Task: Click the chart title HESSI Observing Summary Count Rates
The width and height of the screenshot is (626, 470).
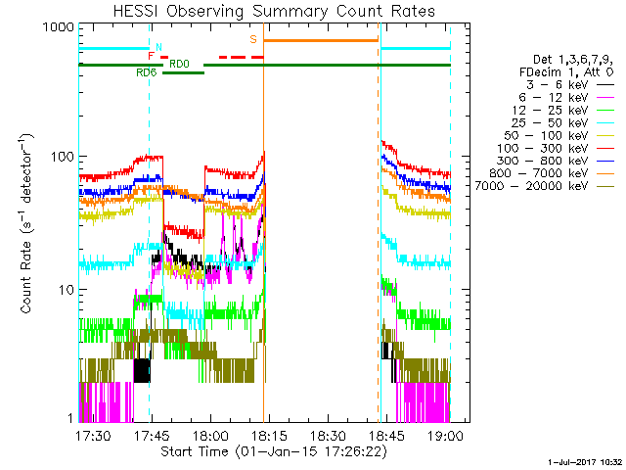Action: [x=274, y=11]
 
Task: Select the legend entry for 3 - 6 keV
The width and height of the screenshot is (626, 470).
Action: [x=569, y=85]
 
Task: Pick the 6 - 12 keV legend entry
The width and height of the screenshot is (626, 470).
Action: [x=566, y=98]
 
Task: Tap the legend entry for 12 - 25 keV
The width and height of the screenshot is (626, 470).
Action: [x=563, y=111]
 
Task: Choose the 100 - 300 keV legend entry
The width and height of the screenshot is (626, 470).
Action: [x=556, y=148]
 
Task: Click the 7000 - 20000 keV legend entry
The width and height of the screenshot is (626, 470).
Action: [x=545, y=186]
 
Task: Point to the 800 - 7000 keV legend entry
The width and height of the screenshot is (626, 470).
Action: [x=552, y=173]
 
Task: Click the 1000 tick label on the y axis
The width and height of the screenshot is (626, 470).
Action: [x=59, y=27]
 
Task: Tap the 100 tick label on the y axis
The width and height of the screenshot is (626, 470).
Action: [x=63, y=157]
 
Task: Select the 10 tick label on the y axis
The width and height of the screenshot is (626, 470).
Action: [x=67, y=290]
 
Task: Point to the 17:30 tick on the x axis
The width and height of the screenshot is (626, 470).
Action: [x=94, y=435]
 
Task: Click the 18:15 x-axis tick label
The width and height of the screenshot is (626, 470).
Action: [x=269, y=435]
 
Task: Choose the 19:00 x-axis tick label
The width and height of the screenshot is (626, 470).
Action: [x=445, y=435]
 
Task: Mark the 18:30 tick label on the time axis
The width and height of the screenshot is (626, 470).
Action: [x=328, y=435]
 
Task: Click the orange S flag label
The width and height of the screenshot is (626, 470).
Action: [x=253, y=39]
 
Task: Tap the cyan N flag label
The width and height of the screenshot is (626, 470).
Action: [x=158, y=47]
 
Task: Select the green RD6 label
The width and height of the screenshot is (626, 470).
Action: [x=147, y=72]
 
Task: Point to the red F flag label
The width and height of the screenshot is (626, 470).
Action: [x=151, y=56]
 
